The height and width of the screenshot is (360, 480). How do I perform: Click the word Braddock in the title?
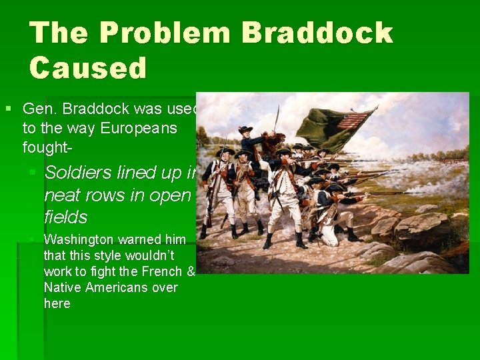[x=317, y=33]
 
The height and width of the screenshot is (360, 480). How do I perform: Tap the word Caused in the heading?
[x=88, y=67]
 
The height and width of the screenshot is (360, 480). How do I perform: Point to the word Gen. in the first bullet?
[x=37, y=109]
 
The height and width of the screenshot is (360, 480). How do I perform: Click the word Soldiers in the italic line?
[x=78, y=173]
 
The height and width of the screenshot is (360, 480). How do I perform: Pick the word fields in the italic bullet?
[x=65, y=217]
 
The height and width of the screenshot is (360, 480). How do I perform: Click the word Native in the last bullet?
[x=62, y=287]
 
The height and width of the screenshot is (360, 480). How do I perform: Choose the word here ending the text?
[x=57, y=303]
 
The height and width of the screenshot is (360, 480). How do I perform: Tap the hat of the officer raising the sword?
[x=246, y=129]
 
